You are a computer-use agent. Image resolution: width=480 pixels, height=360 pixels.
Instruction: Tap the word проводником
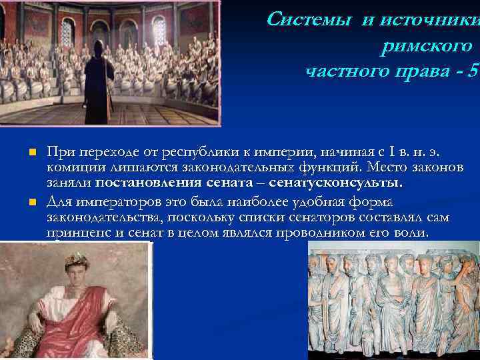coord(331,233)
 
